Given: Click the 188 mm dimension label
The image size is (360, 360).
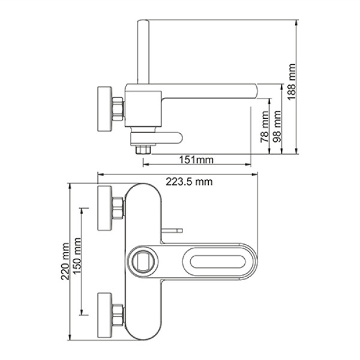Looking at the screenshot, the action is (x=292, y=82).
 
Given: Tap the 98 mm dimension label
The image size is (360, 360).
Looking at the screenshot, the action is (x=277, y=126).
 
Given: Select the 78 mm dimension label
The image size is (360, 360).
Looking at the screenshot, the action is (x=265, y=127).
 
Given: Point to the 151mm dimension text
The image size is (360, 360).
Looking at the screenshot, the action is (x=196, y=160).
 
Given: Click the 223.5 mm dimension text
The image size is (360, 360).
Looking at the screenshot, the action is (x=189, y=182).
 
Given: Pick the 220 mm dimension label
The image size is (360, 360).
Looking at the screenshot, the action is (x=65, y=262).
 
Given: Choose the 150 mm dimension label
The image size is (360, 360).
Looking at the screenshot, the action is (x=77, y=256).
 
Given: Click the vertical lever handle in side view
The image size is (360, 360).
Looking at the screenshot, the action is (x=143, y=52).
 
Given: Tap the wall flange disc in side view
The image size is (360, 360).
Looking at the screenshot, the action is (x=104, y=109).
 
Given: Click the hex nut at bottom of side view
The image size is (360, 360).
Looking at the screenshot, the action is (x=143, y=149).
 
